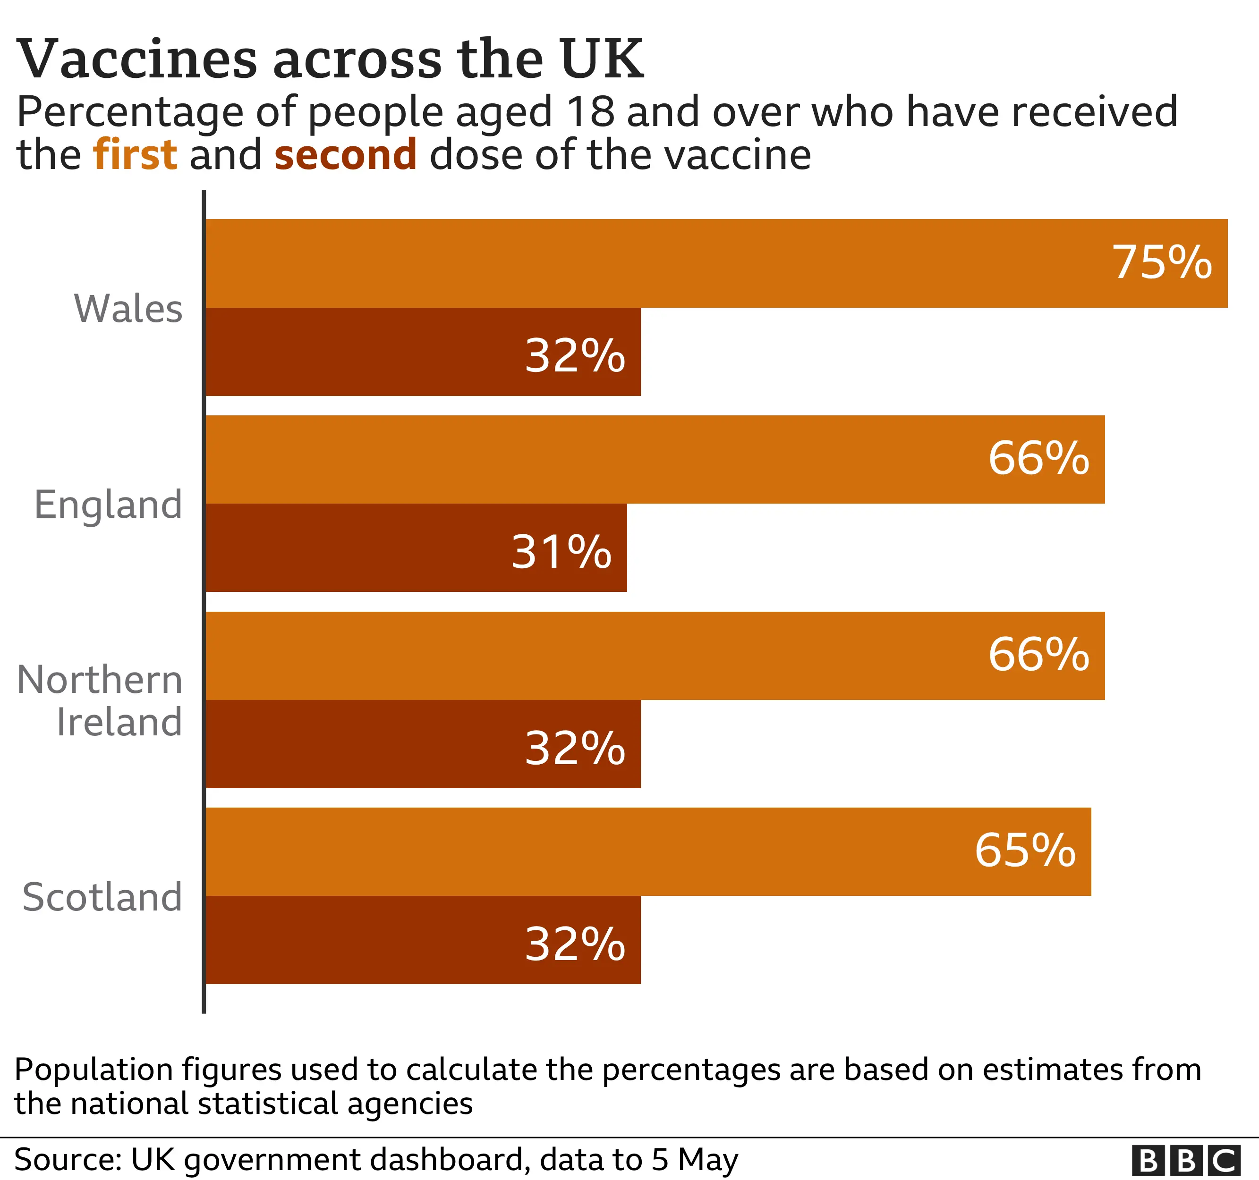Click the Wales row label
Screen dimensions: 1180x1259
[128, 309]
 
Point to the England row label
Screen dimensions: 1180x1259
[108, 505]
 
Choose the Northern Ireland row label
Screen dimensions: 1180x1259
[100, 701]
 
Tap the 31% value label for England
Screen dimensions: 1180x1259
[561, 552]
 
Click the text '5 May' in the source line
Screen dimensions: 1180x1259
[695, 1160]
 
